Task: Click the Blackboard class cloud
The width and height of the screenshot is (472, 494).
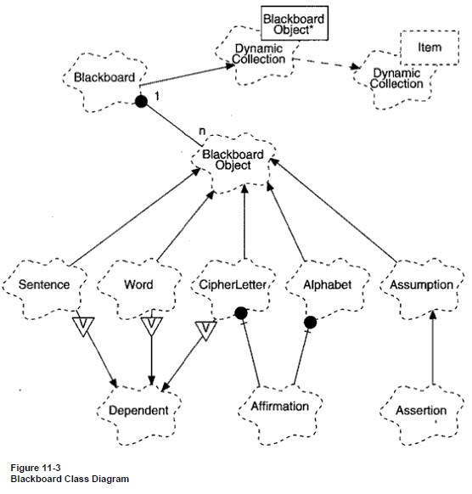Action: (105, 81)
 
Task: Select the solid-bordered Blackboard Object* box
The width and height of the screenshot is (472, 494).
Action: (295, 23)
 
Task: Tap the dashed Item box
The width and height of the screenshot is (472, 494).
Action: (430, 48)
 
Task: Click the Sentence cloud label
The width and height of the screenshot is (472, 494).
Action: (44, 284)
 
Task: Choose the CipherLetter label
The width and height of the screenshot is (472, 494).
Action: (233, 284)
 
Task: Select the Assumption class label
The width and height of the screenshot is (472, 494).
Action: (422, 284)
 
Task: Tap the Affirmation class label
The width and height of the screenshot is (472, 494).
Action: (280, 406)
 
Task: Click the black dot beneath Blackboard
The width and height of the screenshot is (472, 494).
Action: (141, 101)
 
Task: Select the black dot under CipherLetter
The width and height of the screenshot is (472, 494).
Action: (241, 313)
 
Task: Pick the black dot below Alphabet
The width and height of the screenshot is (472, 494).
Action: (311, 323)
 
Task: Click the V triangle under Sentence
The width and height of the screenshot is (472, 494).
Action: (83, 327)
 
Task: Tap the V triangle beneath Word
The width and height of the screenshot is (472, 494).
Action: (152, 327)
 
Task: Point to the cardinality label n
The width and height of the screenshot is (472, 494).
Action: (202, 131)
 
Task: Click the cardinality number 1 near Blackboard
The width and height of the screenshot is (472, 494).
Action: (157, 96)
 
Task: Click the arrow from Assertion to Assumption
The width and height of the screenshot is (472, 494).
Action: (433, 347)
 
